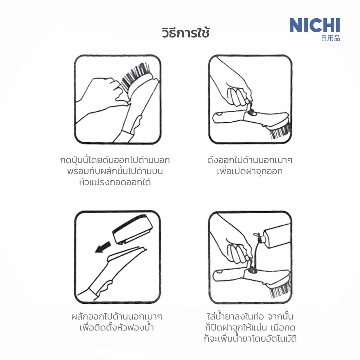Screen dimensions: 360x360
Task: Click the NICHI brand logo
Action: (315, 25)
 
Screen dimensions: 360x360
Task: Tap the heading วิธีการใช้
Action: (186, 32)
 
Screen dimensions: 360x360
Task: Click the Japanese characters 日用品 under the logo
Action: (330, 38)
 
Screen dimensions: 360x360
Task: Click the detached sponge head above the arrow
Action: (133, 230)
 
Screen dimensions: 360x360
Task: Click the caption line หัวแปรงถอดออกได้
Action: (115, 182)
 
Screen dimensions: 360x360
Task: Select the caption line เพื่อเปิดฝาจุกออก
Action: (250, 171)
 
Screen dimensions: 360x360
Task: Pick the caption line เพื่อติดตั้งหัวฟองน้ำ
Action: (116, 327)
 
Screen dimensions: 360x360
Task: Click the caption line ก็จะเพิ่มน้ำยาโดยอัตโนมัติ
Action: (250, 339)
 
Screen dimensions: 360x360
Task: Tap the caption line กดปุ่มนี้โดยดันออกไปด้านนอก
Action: (115, 160)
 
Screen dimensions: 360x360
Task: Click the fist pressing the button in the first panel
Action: (103, 92)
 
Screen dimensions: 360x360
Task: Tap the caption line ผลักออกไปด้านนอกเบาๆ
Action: (117, 317)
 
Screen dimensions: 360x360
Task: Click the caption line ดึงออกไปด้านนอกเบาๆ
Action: (250, 160)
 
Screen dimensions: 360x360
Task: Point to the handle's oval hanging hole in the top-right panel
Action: (219, 114)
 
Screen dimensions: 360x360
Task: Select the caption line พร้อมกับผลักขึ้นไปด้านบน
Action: (115, 171)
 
